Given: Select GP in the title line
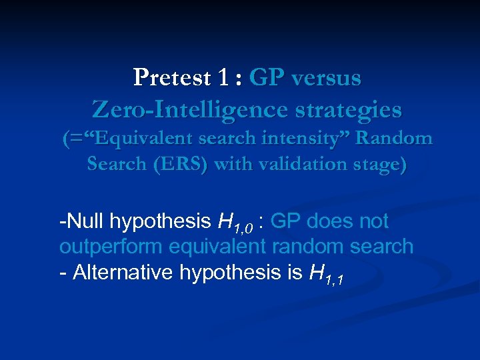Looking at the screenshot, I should pos(264,78).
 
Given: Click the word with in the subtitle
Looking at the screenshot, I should pos(229,164).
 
